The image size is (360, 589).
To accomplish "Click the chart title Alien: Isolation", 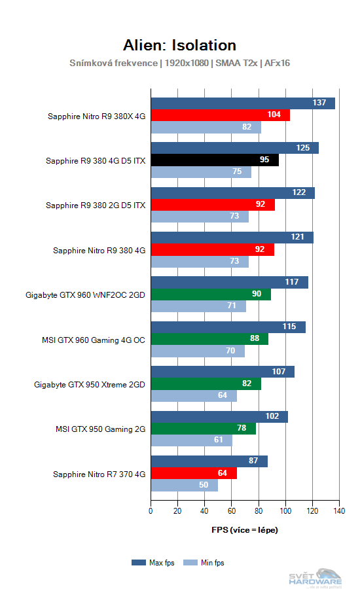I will click(x=179, y=45).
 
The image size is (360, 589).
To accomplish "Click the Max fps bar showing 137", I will click(x=243, y=103).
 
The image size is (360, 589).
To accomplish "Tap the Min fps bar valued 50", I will click(x=184, y=485).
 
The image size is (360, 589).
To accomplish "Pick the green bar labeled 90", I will click(x=211, y=294).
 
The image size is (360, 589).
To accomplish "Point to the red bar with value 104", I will click(x=220, y=115).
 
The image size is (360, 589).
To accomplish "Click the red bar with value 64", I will click(x=194, y=473).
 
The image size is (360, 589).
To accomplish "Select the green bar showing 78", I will click(x=203, y=429).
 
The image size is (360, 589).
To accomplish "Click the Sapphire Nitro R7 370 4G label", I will click(x=99, y=473).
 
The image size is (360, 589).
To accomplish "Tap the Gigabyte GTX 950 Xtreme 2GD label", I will click(x=90, y=384).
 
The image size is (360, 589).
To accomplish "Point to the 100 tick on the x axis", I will click(x=285, y=510).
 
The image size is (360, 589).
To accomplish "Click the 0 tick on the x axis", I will click(x=151, y=510).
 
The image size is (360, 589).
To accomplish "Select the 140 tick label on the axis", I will click(x=339, y=510).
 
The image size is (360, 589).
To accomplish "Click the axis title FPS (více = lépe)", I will click(x=245, y=529).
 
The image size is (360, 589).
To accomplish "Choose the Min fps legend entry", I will click(x=203, y=562).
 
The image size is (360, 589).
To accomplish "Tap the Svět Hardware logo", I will click(x=315, y=576).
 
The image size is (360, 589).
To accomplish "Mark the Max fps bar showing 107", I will click(x=223, y=372).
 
